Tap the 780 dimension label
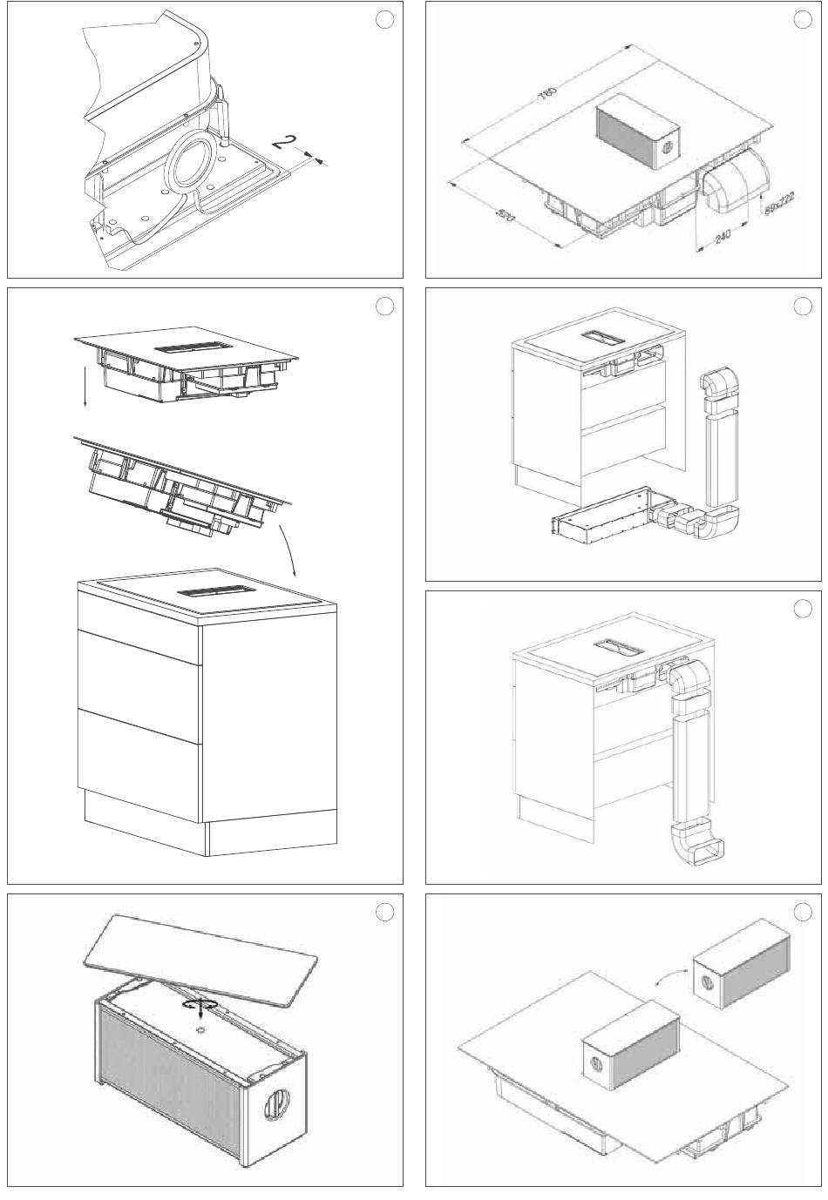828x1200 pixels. [548, 92]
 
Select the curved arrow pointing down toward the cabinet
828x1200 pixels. [288, 549]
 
